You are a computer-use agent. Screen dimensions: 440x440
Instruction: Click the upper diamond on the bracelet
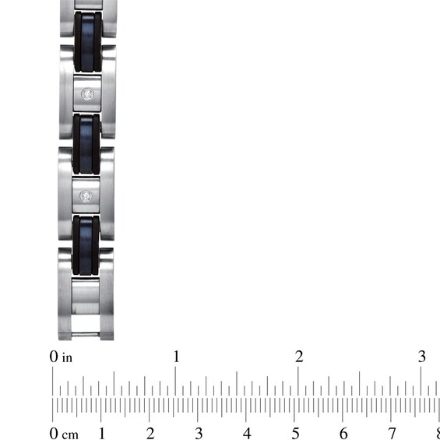(87, 94)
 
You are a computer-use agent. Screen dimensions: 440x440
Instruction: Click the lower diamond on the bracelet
(86, 196)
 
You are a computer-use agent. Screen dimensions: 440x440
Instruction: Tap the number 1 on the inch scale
(176, 357)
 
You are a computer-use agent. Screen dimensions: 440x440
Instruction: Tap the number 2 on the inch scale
(299, 357)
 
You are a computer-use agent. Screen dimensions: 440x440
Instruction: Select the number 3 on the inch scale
(422, 357)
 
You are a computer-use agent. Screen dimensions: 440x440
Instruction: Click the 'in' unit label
(67, 357)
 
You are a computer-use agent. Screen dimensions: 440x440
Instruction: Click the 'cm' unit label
(70, 435)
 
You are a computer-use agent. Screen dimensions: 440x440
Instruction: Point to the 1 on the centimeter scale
(102, 433)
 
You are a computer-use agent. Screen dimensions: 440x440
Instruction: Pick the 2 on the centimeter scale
(150, 433)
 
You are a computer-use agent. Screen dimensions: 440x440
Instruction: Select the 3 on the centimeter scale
(199, 433)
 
